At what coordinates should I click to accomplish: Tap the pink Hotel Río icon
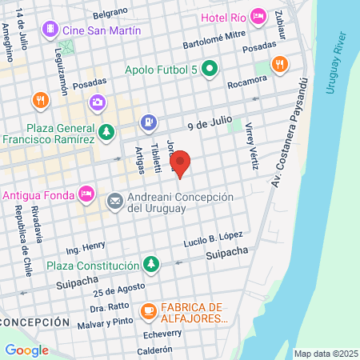pyautogui.click(x=258, y=16)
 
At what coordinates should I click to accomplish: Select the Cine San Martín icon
pyautogui.click(x=52, y=30)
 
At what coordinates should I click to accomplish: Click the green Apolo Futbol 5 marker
pyautogui.click(x=210, y=69)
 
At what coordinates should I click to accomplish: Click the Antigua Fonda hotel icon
pyautogui.click(x=87, y=194)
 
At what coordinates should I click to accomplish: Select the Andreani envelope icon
pyautogui.click(x=114, y=200)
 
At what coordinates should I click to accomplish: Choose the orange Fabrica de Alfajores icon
pyautogui.click(x=148, y=311)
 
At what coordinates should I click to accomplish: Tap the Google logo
pyautogui.click(x=27, y=350)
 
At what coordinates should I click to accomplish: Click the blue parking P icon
pyautogui.click(x=148, y=122)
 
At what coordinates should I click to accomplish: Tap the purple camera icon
pyautogui.click(x=97, y=102)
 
